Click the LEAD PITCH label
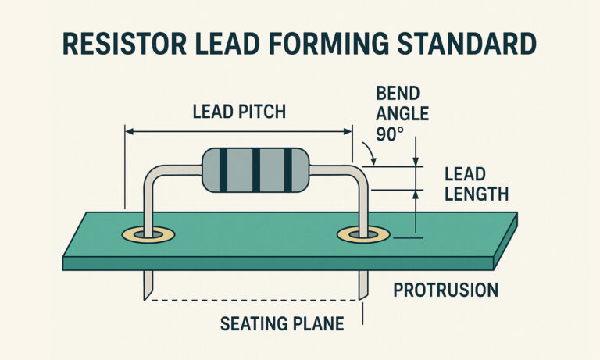point(239,112)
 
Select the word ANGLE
point(402,114)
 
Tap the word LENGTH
point(477,193)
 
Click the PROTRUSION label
point(445,290)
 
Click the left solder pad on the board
point(148,234)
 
